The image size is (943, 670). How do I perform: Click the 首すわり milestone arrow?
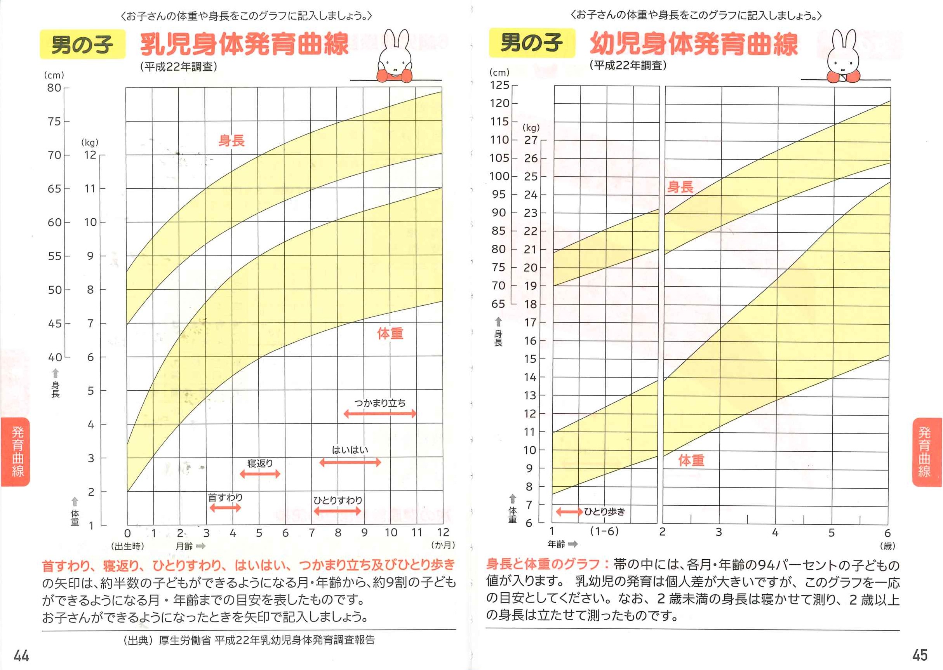(225, 507)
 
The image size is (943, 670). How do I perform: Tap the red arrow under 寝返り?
(260, 474)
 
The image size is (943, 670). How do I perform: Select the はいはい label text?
(350, 450)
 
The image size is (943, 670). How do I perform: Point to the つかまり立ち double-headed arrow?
(379, 414)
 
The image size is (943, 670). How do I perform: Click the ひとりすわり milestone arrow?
(338, 512)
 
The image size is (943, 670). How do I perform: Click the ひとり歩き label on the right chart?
(604, 512)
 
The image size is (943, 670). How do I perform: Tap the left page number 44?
(21, 656)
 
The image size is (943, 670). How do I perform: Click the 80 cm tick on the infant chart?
(54, 88)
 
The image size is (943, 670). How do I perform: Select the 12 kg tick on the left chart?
(90, 155)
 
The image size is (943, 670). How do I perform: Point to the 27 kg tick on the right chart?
(531, 140)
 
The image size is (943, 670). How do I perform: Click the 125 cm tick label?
(499, 85)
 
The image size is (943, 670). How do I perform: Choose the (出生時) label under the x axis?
(127, 546)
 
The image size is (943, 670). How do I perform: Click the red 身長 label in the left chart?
(231, 141)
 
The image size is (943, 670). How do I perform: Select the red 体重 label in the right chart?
(691, 460)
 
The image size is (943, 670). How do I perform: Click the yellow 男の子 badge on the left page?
(82, 44)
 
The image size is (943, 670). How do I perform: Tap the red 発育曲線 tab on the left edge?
(16, 452)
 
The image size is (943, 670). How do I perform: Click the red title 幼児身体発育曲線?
(694, 44)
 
